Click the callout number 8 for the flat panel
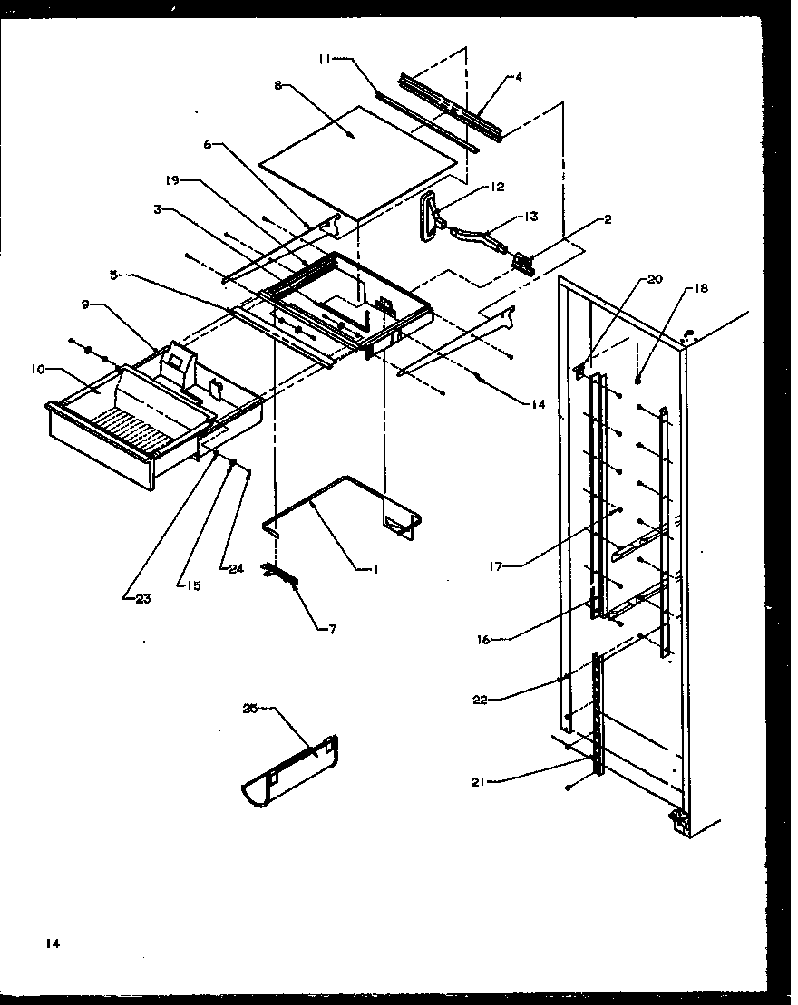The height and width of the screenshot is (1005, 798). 277,85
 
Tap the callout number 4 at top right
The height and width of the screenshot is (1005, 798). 518,78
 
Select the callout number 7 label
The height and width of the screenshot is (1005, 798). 331,628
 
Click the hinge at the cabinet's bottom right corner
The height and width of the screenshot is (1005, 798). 678,819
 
